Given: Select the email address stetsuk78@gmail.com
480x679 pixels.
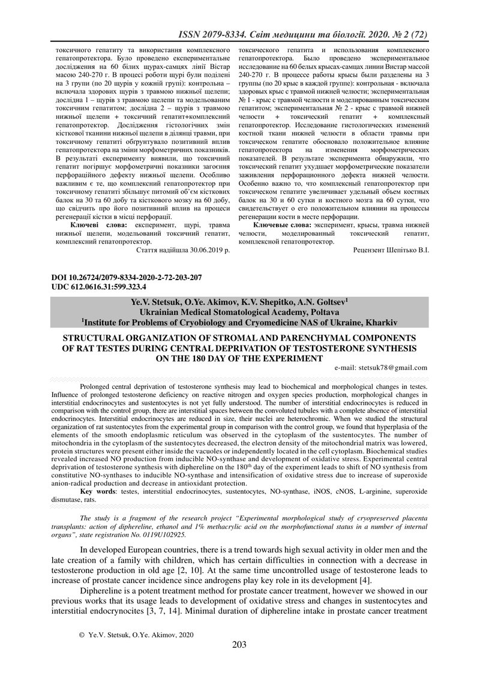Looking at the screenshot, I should click(391, 368).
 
